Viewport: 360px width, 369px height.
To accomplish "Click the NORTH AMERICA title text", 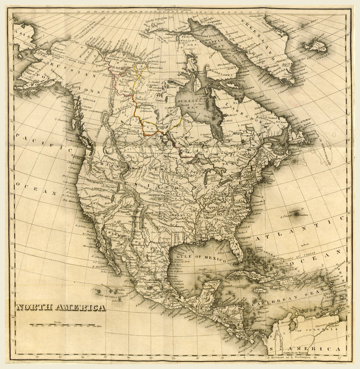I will [61, 307].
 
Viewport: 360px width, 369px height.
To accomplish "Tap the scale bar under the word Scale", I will [66, 325].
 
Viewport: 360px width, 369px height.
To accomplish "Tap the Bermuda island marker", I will [297, 214].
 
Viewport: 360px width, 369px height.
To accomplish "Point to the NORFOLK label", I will [89, 101].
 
